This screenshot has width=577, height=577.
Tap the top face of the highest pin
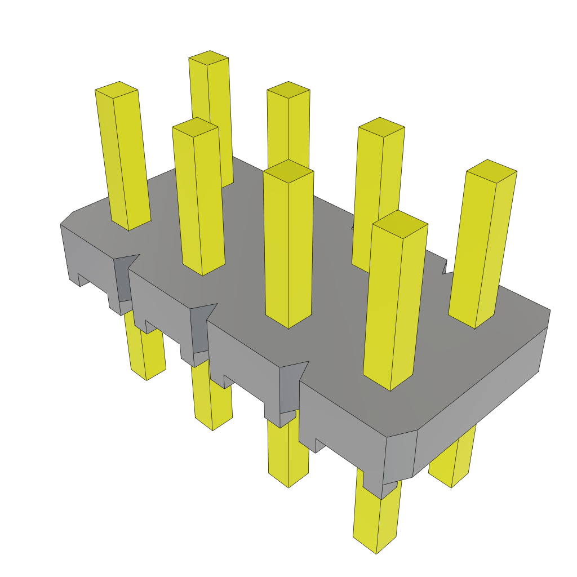[x=208, y=58]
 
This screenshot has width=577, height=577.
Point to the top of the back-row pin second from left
[x=208, y=58]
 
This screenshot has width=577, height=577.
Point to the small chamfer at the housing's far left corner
[x=66, y=218]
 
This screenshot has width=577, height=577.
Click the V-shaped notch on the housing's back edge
[x=446, y=268]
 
